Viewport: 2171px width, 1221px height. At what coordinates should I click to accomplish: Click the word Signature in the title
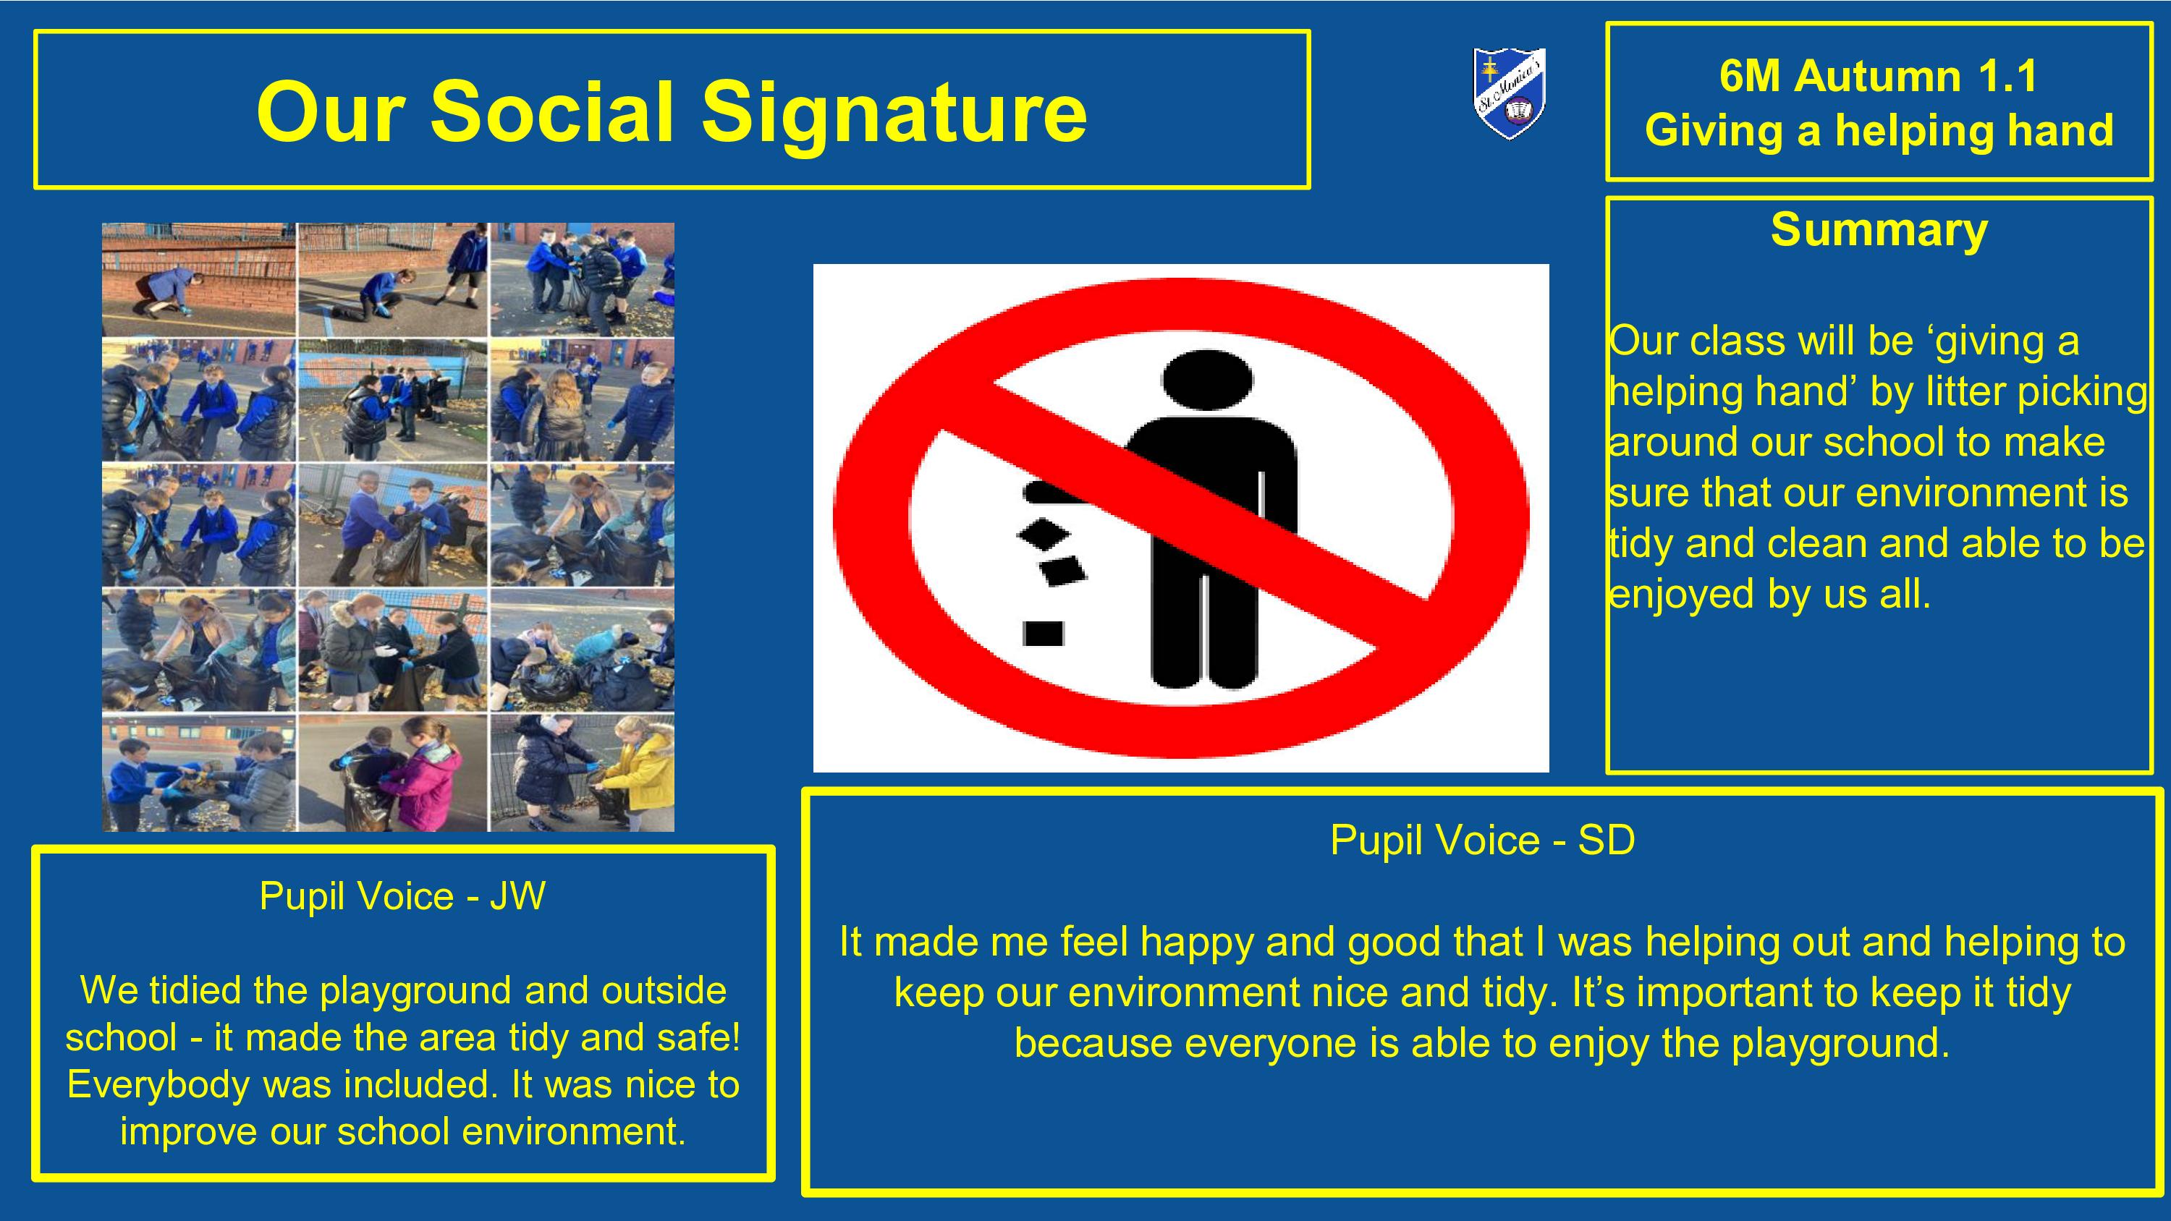click(894, 112)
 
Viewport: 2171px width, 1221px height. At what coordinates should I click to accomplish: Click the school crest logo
click(1510, 93)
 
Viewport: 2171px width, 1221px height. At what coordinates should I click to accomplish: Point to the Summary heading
click(1879, 229)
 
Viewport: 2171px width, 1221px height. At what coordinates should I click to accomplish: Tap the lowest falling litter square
click(1043, 633)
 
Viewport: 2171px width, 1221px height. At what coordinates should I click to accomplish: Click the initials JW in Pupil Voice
click(517, 895)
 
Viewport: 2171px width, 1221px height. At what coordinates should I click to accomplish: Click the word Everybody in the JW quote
click(159, 1085)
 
